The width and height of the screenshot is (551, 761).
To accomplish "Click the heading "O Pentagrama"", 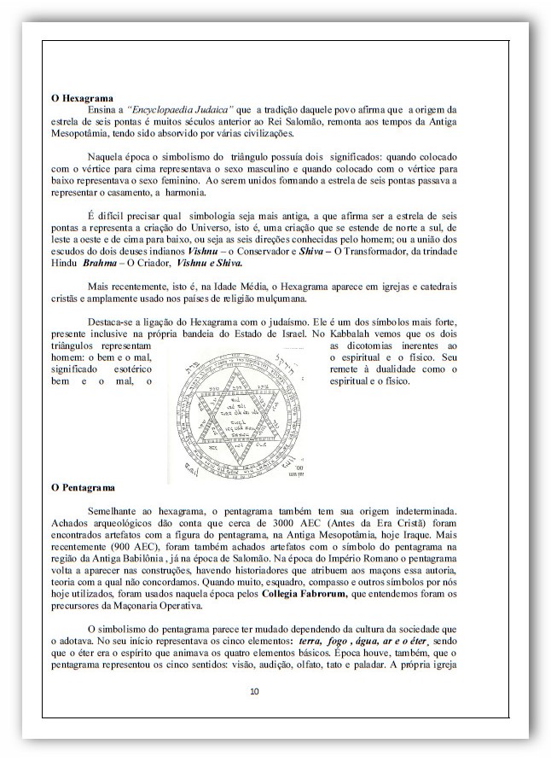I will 83,487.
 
